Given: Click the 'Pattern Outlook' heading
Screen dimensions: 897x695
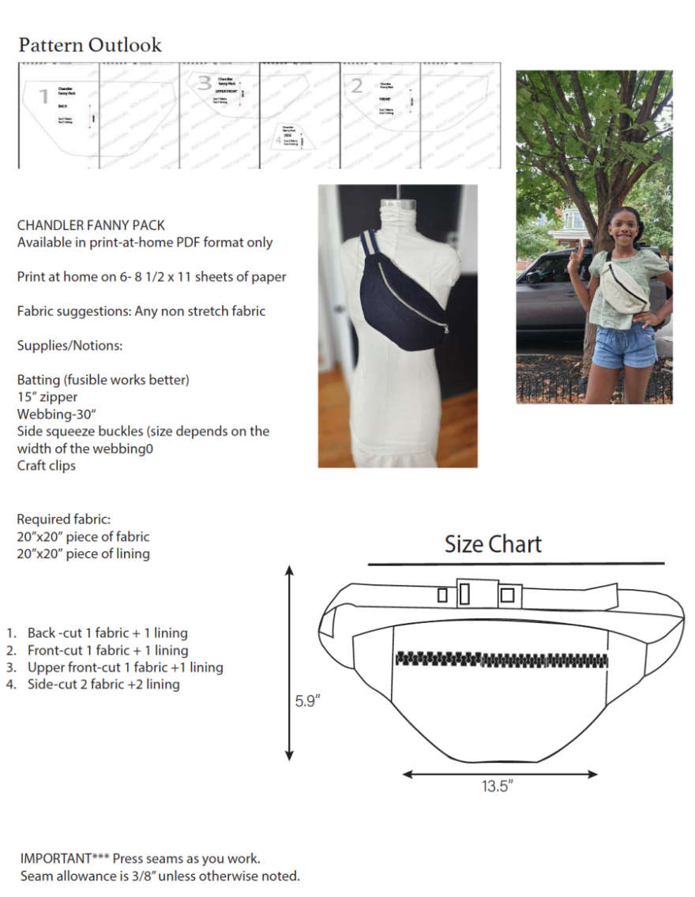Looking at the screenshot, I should [x=90, y=45].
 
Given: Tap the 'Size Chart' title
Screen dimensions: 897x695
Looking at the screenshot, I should [x=493, y=544].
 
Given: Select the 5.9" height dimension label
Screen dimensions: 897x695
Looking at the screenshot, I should [x=308, y=700].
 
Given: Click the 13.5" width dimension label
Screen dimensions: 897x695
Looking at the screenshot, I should [x=498, y=787].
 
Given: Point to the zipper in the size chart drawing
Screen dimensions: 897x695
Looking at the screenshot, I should [x=501, y=659].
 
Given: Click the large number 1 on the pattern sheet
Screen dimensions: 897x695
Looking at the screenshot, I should [x=43, y=96].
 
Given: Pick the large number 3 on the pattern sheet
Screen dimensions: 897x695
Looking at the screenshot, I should [x=205, y=83].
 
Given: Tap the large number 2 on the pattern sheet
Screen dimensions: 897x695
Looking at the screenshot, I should [x=357, y=86].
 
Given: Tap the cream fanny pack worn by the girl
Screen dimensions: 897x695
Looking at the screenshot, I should [x=624, y=288].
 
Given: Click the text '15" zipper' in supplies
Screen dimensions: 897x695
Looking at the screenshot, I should [x=47, y=396].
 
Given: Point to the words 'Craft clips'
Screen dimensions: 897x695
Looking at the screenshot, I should [x=47, y=465].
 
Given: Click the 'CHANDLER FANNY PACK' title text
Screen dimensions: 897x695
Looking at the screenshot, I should [x=91, y=225].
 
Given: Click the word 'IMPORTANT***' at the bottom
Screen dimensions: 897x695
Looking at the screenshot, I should [x=64, y=858].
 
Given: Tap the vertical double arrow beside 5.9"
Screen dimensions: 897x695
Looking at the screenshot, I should [x=290, y=663].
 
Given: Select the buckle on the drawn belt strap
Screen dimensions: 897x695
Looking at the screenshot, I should [x=479, y=593].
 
